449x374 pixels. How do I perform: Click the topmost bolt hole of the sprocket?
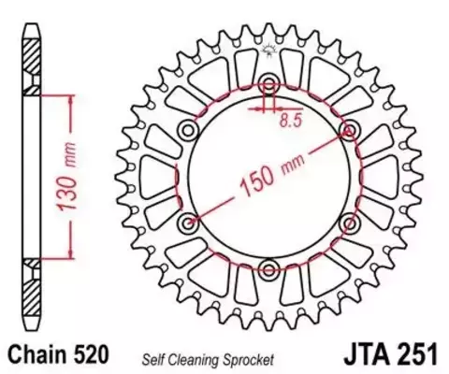(268, 83)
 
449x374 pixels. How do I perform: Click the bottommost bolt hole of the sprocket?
(268, 270)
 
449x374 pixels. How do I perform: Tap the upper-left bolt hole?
(188, 130)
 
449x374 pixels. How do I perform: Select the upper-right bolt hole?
(349, 130)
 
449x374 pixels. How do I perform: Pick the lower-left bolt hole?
(188, 223)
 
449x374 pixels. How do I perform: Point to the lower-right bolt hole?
(349, 223)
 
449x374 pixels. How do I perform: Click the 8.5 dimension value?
(291, 121)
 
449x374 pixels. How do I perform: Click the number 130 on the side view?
(66, 194)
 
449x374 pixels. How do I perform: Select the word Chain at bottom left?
(37, 354)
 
